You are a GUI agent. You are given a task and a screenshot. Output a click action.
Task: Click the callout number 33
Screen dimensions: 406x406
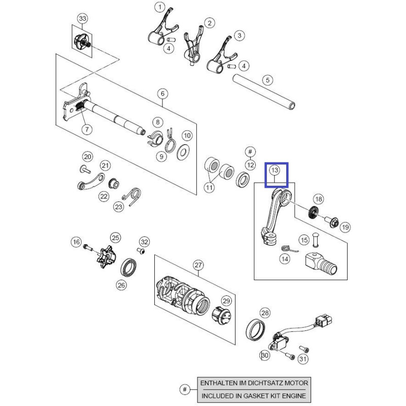[82, 19]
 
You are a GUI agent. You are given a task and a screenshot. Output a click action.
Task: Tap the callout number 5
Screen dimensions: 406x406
[267, 80]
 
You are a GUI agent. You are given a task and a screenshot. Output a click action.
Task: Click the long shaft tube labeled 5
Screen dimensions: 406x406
[264, 92]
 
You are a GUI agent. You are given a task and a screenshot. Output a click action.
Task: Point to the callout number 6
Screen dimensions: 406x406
[162, 93]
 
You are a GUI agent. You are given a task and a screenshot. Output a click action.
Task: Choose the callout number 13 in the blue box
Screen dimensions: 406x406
[275, 170]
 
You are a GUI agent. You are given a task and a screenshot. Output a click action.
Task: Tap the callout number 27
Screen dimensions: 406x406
[197, 265]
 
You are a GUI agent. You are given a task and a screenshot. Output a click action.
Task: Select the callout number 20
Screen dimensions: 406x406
[87, 157]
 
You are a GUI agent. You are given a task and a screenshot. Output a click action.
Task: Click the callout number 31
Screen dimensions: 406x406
[302, 360]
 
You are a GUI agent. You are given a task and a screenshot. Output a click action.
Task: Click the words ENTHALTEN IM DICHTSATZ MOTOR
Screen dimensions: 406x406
[253, 383]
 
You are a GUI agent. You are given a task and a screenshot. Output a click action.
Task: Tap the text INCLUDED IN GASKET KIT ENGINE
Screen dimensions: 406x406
[253, 395]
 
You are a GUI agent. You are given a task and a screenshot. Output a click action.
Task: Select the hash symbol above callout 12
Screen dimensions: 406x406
[249, 151]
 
